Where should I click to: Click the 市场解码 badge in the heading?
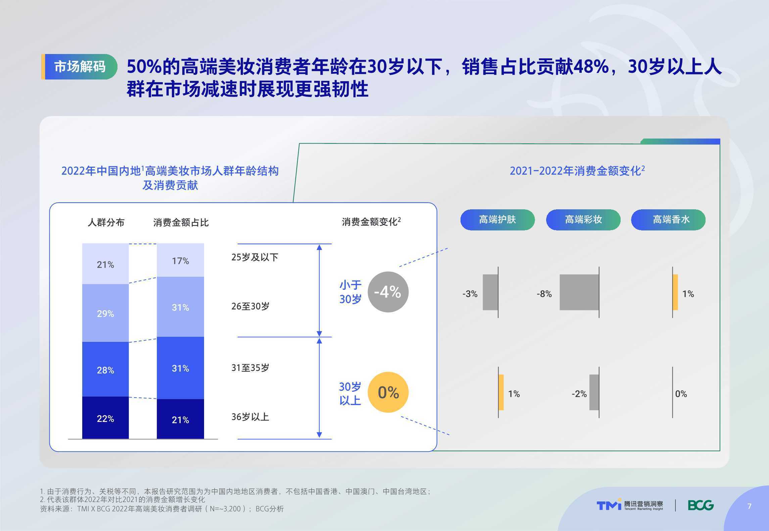point(79,67)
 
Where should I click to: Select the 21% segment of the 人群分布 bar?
point(105,264)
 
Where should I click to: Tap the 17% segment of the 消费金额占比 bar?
point(180,260)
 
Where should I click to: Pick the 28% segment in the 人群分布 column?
point(105,369)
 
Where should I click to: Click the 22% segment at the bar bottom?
point(105,418)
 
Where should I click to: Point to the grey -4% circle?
point(388,292)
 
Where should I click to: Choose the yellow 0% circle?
point(388,392)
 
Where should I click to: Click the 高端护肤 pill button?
point(497,220)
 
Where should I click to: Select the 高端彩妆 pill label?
point(583,220)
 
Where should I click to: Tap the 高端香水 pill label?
point(668,220)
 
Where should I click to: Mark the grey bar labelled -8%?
point(579,292)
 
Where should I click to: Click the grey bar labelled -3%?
point(490,292)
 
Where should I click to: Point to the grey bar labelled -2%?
point(594,392)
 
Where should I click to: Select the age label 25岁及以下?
point(255,257)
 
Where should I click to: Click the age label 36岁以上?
point(250,417)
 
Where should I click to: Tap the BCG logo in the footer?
point(701,505)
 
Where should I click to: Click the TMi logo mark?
point(609,505)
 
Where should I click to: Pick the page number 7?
point(749,506)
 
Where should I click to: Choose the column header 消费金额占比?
point(181,222)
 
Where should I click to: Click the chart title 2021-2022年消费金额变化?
point(577,171)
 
